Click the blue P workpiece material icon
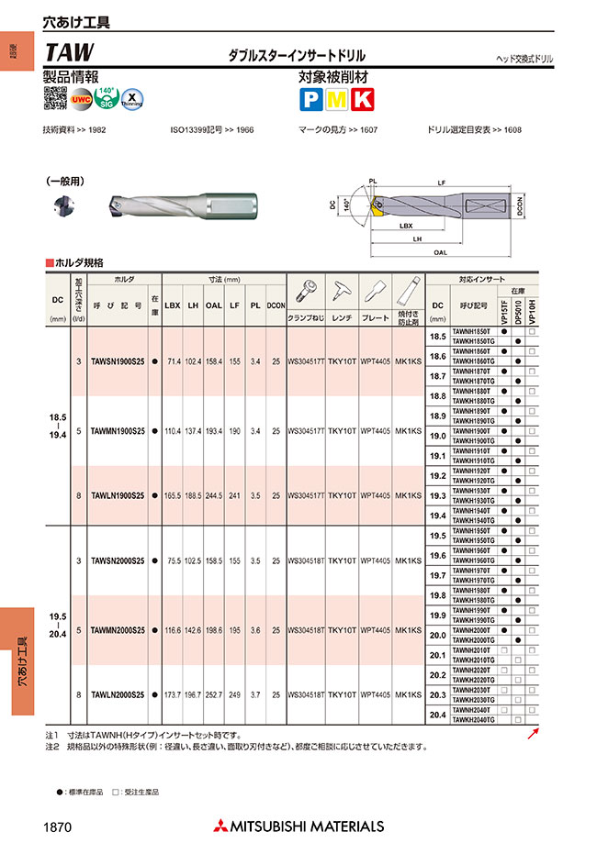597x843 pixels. [310, 99]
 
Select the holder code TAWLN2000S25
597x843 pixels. [118, 695]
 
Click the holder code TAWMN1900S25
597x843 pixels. [118, 430]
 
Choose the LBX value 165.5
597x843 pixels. [172, 495]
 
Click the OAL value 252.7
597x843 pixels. [214, 695]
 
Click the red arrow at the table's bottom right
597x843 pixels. [534, 732]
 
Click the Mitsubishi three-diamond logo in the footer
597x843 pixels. [222, 826]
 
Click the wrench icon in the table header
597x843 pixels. [342, 293]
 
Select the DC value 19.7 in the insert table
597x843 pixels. [438, 574]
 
